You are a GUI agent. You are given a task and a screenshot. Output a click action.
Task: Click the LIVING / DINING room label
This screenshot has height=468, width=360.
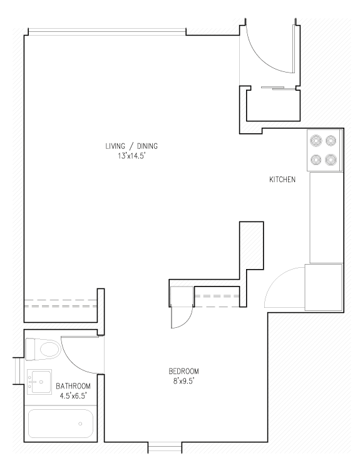coord(131,146)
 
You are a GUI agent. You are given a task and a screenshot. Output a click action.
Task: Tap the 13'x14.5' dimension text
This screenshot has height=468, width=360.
coord(131,156)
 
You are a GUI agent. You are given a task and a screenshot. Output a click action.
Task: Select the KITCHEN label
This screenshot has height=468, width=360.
coord(282,180)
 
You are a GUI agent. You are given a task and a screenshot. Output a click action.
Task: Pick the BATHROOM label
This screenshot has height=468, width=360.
coord(73,386)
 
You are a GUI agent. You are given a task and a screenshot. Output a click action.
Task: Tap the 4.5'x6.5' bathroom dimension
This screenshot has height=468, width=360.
coord(73,395)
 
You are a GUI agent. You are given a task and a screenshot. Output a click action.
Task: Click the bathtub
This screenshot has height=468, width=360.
coord(61,424)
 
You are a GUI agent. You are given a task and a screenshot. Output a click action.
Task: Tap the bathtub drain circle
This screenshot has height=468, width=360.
coord(81,424)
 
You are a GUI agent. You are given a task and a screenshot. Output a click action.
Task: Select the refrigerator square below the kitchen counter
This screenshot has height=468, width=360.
coord(324,287)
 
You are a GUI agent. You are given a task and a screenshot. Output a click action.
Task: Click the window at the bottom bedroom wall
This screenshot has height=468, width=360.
coord(165,448)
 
